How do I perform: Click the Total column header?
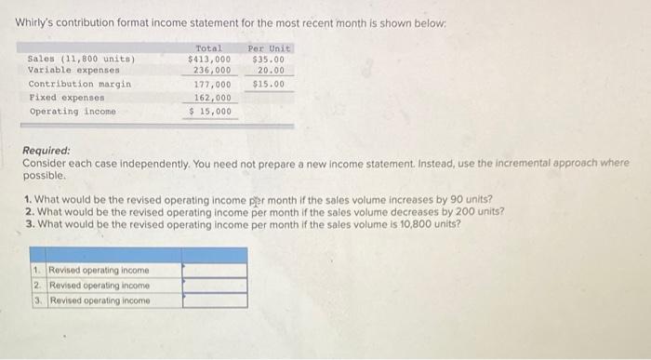tap(210, 48)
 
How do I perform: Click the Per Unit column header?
tap(270, 48)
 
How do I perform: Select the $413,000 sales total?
tap(209, 59)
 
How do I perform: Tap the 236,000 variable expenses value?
tap(212, 70)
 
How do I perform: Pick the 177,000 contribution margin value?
tap(212, 85)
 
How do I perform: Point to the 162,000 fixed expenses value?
tap(212, 97)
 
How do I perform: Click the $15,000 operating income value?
tap(210, 112)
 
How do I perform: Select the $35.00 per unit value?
tap(269, 59)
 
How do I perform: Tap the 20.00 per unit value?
tap(271, 70)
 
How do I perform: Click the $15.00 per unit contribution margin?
tap(269, 85)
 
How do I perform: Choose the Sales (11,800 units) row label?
tap(82, 59)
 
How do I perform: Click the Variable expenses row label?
tap(74, 70)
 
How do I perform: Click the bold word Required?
tap(46, 151)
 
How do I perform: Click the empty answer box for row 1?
tap(214, 271)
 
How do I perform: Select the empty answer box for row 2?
tap(214, 286)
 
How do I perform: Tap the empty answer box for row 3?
tap(214, 300)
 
